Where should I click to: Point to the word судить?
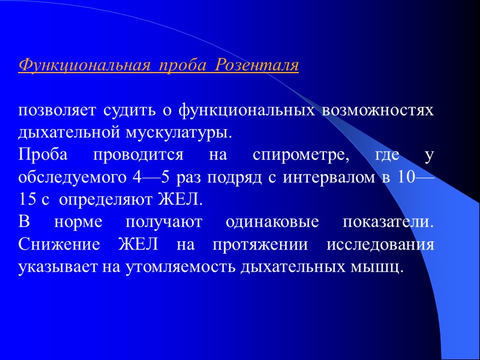[129, 112]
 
